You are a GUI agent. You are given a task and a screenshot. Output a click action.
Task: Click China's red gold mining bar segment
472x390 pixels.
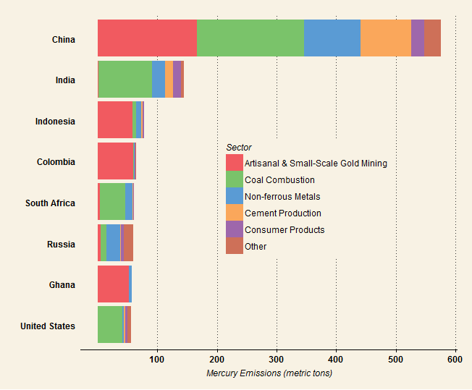click(x=147, y=38)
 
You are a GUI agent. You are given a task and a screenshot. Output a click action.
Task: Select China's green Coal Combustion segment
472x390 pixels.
click(x=250, y=38)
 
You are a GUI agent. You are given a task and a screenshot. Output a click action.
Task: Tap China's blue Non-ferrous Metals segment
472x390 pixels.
click(x=332, y=38)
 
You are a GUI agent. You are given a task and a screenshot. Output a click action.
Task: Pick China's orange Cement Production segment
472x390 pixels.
click(x=385, y=38)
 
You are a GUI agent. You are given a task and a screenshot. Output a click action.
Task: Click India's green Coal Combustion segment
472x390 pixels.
click(x=125, y=79)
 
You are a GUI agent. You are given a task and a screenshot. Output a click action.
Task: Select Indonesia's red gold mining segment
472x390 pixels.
click(x=115, y=120)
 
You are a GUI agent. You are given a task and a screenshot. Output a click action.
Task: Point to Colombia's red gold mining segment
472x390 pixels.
click(x=115, y=161)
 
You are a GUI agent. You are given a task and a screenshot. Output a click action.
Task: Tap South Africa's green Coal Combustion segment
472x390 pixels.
click(x=112, y=202)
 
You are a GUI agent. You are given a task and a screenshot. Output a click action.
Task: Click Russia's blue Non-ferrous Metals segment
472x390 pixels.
click(x=113, y=242)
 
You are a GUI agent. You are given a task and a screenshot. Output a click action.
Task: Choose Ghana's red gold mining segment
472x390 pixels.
click(x=113, y=284)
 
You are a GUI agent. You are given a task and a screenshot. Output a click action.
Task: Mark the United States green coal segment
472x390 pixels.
click(x=110, y=324)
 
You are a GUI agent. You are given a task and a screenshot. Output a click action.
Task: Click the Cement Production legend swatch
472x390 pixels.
click(x=235, y=213)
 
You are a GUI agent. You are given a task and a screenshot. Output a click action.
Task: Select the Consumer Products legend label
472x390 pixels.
click(x=285, y=230)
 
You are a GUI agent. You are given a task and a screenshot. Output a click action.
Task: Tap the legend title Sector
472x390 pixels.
click(x=239, y=148)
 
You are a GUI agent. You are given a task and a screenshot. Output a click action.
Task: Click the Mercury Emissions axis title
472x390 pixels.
click(x=269, y=373)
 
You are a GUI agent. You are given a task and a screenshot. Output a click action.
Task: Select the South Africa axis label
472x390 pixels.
click(x=50, y=203)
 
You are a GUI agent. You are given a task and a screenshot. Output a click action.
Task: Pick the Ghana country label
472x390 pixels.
click(x=62, y=285)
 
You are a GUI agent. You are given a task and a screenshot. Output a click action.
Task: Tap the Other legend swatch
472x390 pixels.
click(x=235, y=246)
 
